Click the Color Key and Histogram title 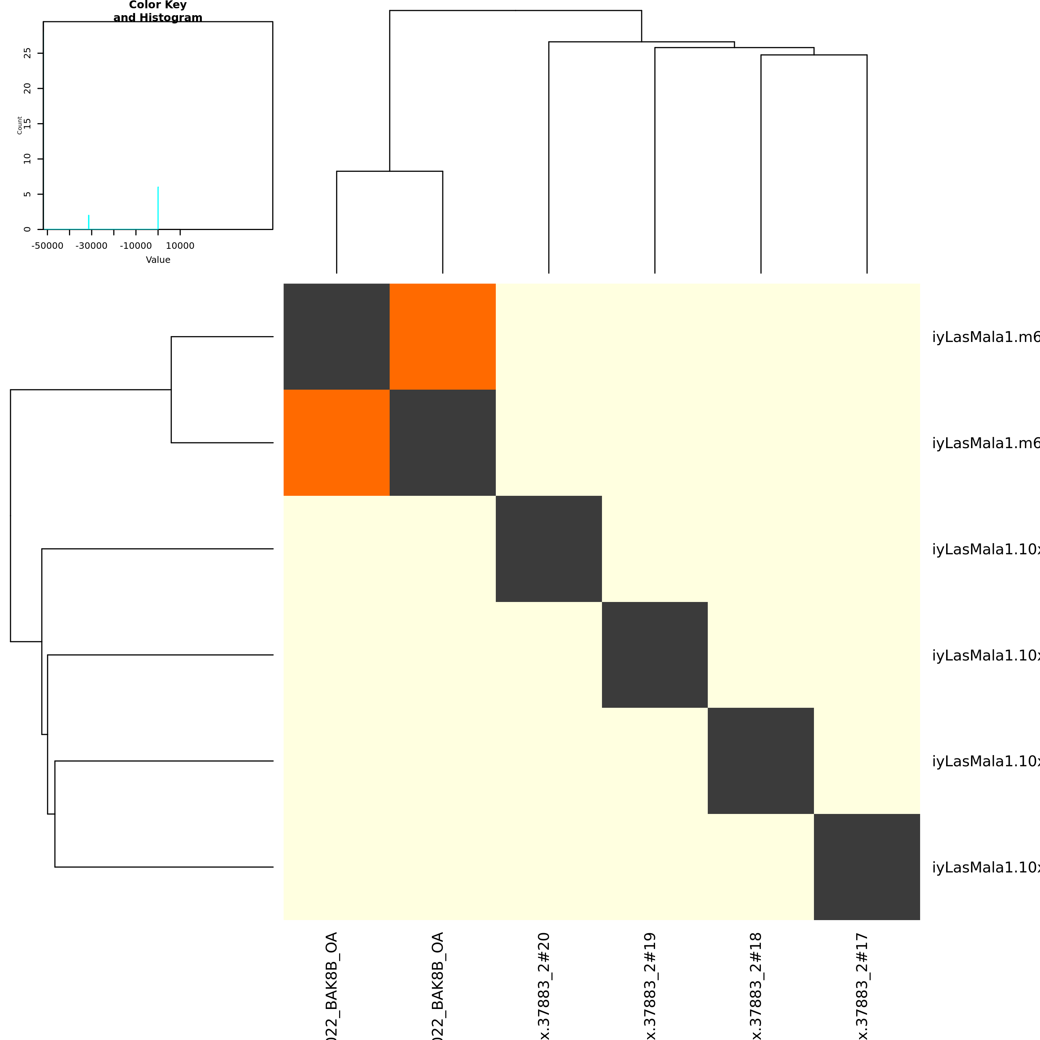[158, 11]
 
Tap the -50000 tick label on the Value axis [47, 246]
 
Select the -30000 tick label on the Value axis [91, 246]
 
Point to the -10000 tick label [136, 246]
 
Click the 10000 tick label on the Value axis [180, 246]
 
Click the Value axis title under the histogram [158, 260]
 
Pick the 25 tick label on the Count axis [27, 53]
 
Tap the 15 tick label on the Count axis [27, 124]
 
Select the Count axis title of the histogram [20, 125]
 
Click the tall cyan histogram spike [158, 208]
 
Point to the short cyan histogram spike [89, 222]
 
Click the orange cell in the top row [442, 337]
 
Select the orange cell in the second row [337, 442]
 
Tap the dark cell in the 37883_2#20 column [549, 549]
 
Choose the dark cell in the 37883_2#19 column [655, 655]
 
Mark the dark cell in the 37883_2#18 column [760, 760]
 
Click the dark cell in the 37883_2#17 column [867, 867]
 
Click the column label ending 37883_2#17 [862, 985]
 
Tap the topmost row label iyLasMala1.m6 [985, 337]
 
